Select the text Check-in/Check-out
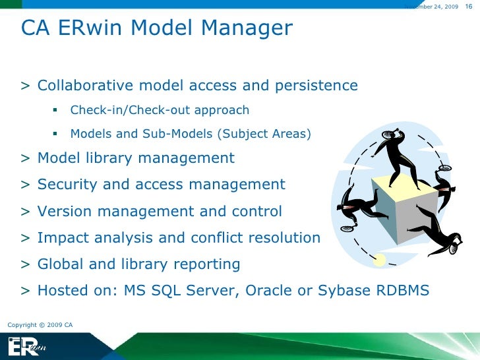126,110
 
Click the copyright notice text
40,325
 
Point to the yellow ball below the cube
379,261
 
